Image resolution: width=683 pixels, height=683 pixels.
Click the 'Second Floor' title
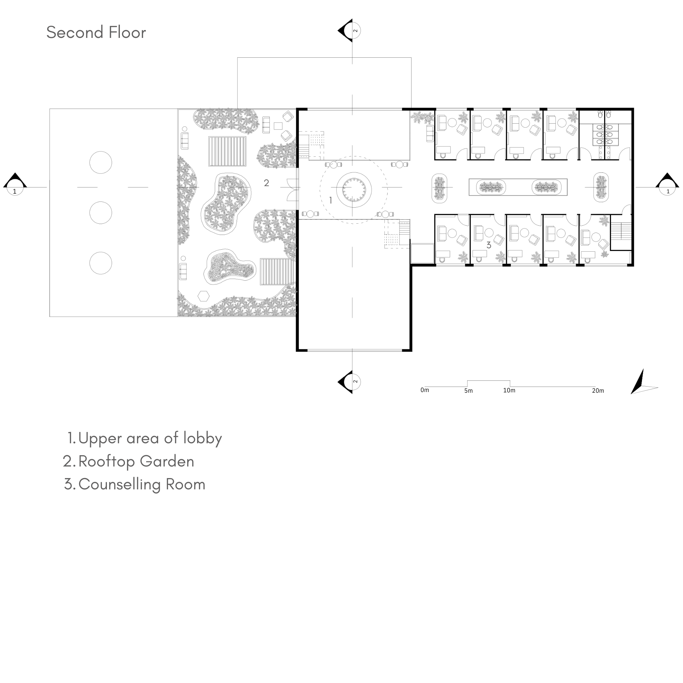coord(96,32)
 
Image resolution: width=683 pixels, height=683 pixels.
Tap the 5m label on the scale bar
coord(469,391)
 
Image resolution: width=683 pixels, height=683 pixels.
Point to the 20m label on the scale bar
coord(598,391)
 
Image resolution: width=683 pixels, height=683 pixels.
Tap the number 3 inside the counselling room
coord(489,245)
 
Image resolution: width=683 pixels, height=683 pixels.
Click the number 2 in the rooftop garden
coord(267,183)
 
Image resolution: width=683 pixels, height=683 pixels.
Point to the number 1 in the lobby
coord(331,200)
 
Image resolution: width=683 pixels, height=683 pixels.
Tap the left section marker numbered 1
coord(15,184)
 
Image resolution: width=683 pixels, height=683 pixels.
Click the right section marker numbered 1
coord(667,184)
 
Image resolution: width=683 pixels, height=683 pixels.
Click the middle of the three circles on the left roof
coord(101,213)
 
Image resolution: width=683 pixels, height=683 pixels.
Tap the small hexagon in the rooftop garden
coord(204,296)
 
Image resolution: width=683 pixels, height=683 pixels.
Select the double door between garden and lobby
coord(293,190)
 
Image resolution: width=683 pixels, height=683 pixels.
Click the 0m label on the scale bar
coord(424,390)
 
